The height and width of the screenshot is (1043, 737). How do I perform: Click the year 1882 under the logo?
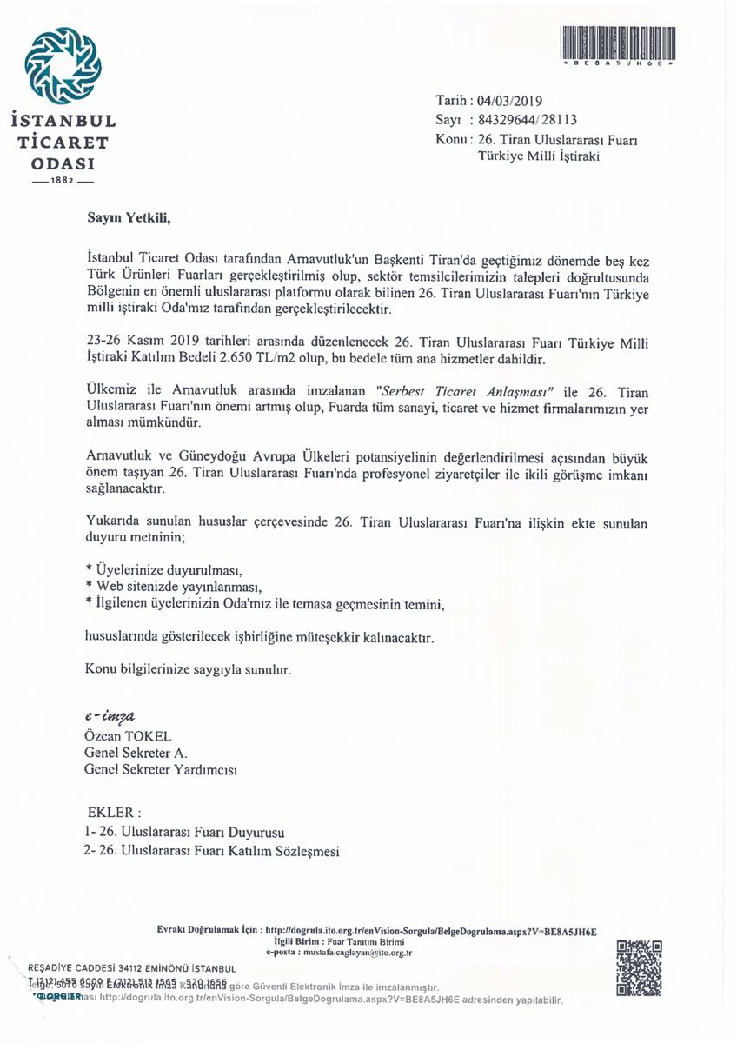pyautogui.click(x=63, y=183)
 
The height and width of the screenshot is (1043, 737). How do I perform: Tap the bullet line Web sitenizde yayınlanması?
pyautogui.click(x=174, y=586)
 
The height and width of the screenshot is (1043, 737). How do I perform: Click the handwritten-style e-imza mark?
pyautogui.click(x=110, y=718)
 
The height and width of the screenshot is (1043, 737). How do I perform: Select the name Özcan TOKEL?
pyautogui.click(x=128, y=736)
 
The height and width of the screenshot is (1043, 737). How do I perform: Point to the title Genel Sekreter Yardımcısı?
pyautogui.click(x=161, y=769)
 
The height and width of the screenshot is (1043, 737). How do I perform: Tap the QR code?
pyautogui.click(x=640, y=967)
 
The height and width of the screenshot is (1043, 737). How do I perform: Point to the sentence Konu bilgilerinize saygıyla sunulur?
pyautogui.click(x=186, y=670)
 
